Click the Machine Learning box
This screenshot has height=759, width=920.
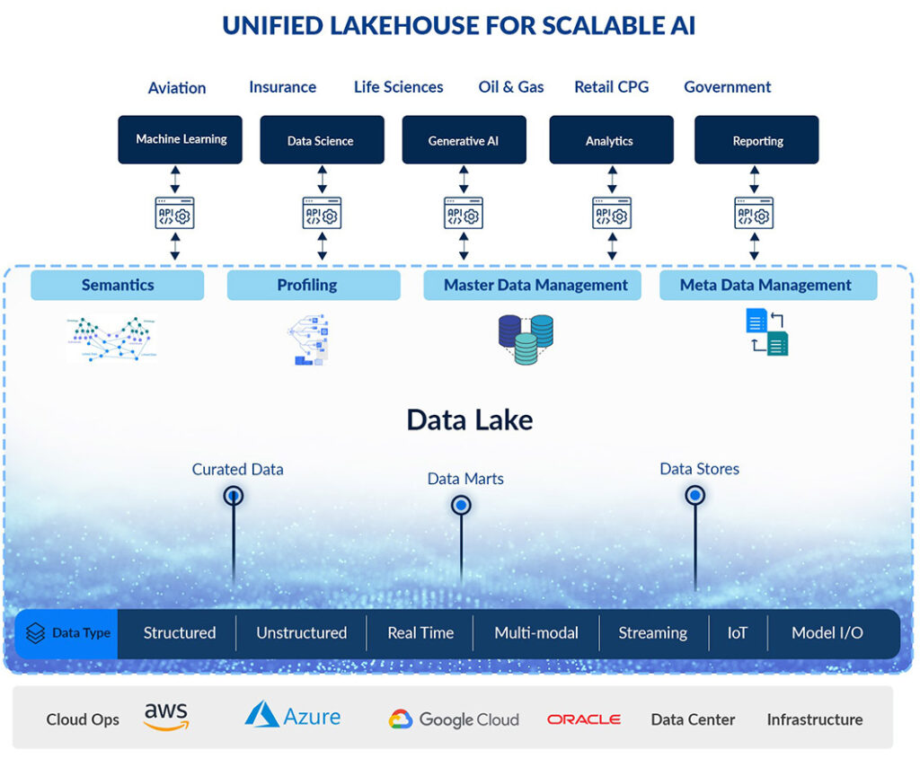point(180,139)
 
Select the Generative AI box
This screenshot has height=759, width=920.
point(464,140)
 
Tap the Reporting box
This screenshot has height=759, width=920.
point(756,140)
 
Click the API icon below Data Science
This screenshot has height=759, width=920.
point(322,214)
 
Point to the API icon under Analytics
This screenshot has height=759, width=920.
point(612,214)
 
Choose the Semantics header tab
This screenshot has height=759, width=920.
point(118,286)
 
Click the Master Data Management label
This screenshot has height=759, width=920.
point(535,286)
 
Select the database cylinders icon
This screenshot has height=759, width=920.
point(526,338)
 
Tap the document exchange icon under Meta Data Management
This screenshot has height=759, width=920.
point(767,331)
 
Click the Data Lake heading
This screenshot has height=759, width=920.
point(469,419)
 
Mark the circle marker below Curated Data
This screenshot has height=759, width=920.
point(234,495)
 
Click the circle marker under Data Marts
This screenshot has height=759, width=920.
point(461,506)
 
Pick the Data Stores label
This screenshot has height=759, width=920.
point(699,469)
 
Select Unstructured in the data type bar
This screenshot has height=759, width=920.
point(301,632)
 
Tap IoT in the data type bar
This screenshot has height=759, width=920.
point(737,632)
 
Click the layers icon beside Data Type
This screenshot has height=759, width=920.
point(36,633)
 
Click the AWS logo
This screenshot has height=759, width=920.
point(166,717)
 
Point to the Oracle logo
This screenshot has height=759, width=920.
point(584,719)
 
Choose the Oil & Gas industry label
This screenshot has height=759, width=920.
point(511,87)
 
